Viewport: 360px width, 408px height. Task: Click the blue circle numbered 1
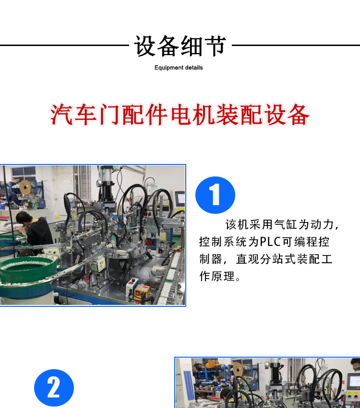click(x=215, y=195)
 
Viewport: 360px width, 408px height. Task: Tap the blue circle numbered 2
click(x=54, y=388)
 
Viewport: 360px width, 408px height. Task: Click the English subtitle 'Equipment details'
click(x=179, y=68)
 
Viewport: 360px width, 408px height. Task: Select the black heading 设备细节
click(x=180, y=46)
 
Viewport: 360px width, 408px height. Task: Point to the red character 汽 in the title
click(x=61, y=115)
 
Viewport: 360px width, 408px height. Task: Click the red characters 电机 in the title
click(x=193, y=115)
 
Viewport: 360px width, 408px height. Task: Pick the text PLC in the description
click(x=271, y=242)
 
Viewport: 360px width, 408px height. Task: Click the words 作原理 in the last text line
click(x=217, y=276)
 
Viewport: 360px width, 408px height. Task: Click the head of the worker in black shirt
click(x=24, y=218)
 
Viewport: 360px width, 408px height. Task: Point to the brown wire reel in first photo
click(x=25, y=187)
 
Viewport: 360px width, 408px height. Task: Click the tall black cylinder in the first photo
click(x=107, y=183)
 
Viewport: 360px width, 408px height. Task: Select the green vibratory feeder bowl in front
click(x=27, y=272)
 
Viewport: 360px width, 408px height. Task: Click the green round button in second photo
click(x=349, y=396)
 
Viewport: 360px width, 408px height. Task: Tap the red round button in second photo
click(x=356, y=397)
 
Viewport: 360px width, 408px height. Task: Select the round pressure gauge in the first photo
click(x=99, y=183)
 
